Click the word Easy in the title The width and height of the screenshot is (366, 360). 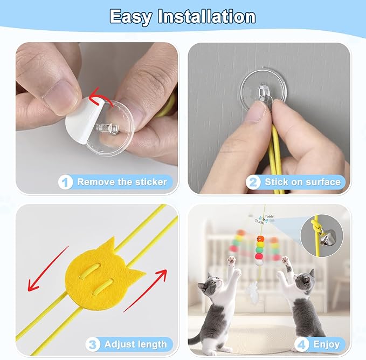[130, 17]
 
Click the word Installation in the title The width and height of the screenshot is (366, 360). [206, 16]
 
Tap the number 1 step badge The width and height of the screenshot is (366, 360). [66, 182]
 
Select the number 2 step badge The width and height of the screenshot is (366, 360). [253, 182]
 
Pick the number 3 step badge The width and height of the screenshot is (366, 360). [93, 344]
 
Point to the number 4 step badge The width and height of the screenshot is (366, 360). [301, 344]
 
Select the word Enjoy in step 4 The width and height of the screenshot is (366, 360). [326, 344]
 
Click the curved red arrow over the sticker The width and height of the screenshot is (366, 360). [98, 96]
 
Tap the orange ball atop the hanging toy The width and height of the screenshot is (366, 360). [260, 239]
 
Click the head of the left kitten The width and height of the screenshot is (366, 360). [209, 283]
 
